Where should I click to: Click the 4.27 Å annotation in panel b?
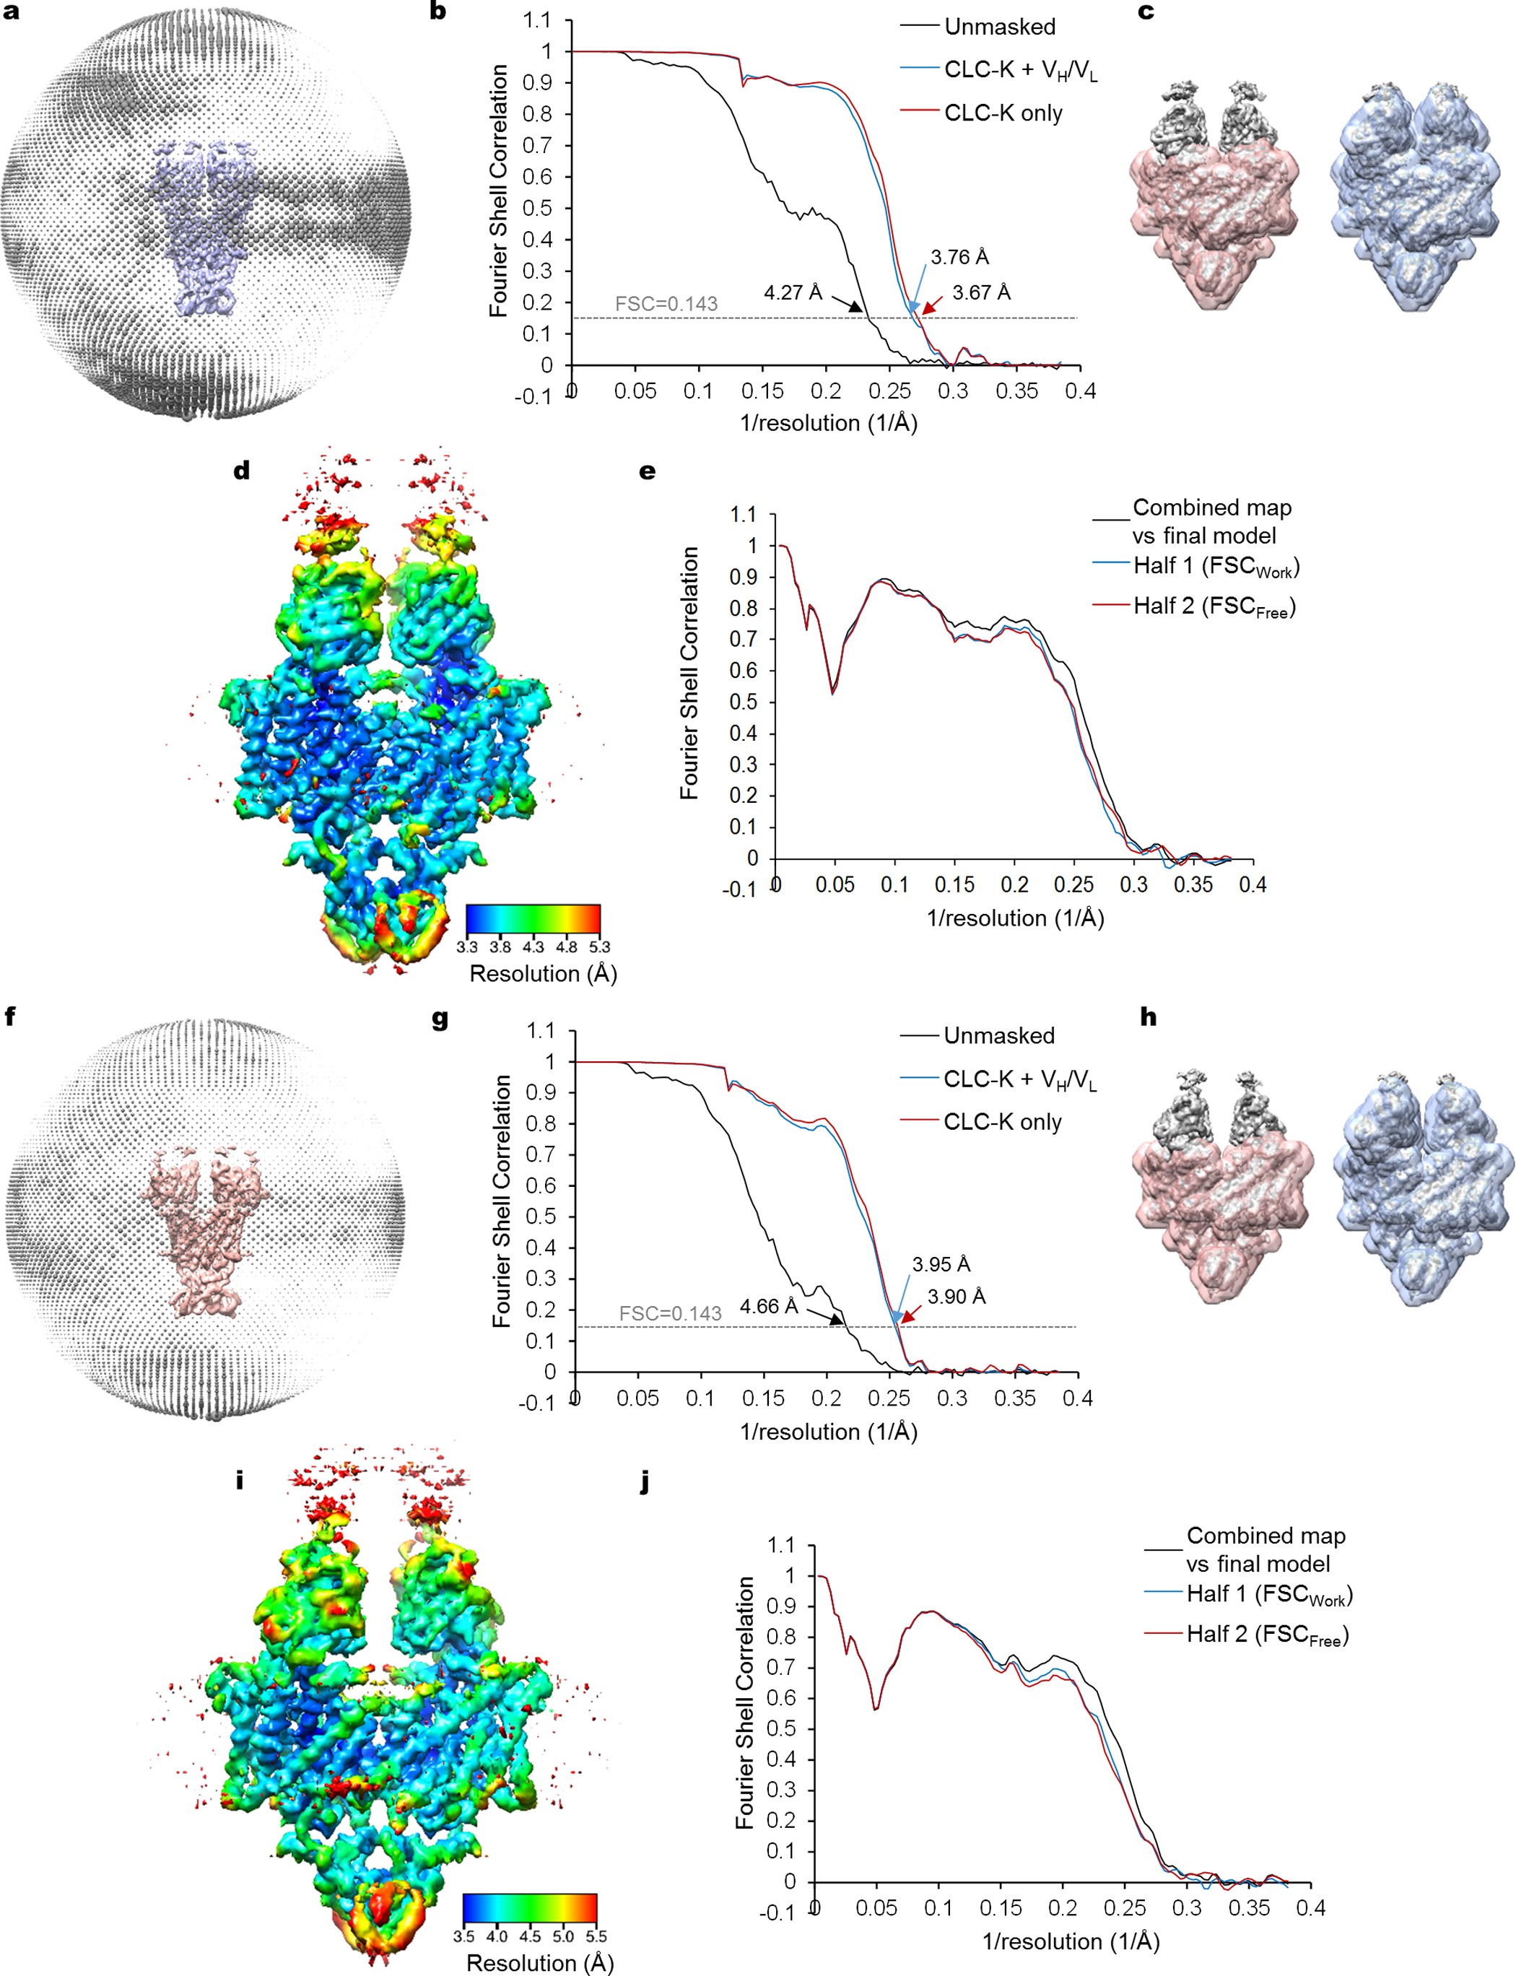pos(793,292)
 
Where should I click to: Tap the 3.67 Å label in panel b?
pos(981,292)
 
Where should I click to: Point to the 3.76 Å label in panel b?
pos(959,257)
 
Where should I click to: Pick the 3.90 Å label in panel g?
pos(957,1297)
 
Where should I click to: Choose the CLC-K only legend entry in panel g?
pos(1002,1123)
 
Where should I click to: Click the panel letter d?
pos(242,470)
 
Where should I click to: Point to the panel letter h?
pos(1148,1018)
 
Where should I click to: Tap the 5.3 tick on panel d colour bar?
pos(599,947)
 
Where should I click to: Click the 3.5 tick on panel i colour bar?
pos(463,1936)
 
